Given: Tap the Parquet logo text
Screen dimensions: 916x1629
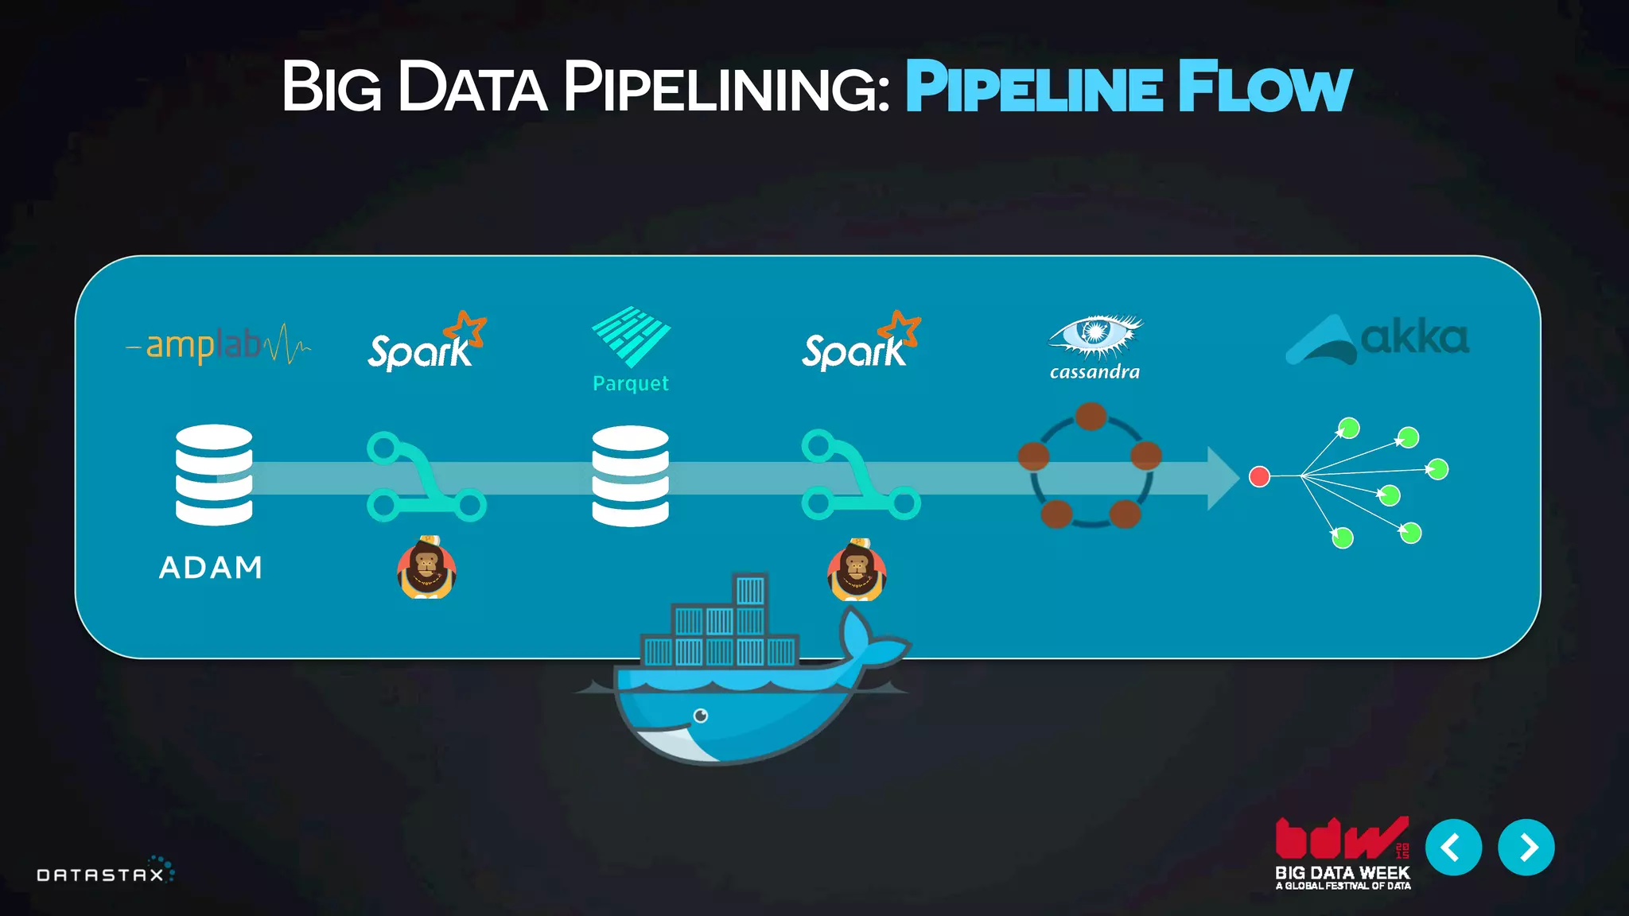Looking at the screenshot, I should pyautogui.click(x=631, y=383).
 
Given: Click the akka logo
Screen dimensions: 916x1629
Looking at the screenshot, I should pyautogui.click(x=1378, y=339).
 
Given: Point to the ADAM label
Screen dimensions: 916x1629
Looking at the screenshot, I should pyautogui.click(x=211, y=568).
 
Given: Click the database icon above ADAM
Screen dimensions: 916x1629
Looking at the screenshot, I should pyautogui.click(x=214, y=475).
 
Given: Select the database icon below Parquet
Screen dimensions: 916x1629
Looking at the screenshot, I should pyautogui.click(x=631, y=475).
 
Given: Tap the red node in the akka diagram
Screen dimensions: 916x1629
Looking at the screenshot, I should pyautogui.click(x=1259, y=476).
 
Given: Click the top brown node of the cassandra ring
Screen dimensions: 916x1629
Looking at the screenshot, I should pyautogui.click(x=1091, y=416).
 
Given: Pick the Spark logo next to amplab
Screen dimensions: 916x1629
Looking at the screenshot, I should pyautogui.click(x=426, y=343).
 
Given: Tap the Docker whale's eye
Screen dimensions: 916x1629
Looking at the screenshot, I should pyautogui.click(x=701, y=716).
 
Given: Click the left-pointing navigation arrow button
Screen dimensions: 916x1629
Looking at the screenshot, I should pyautogui.click(x=1453, y=848).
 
